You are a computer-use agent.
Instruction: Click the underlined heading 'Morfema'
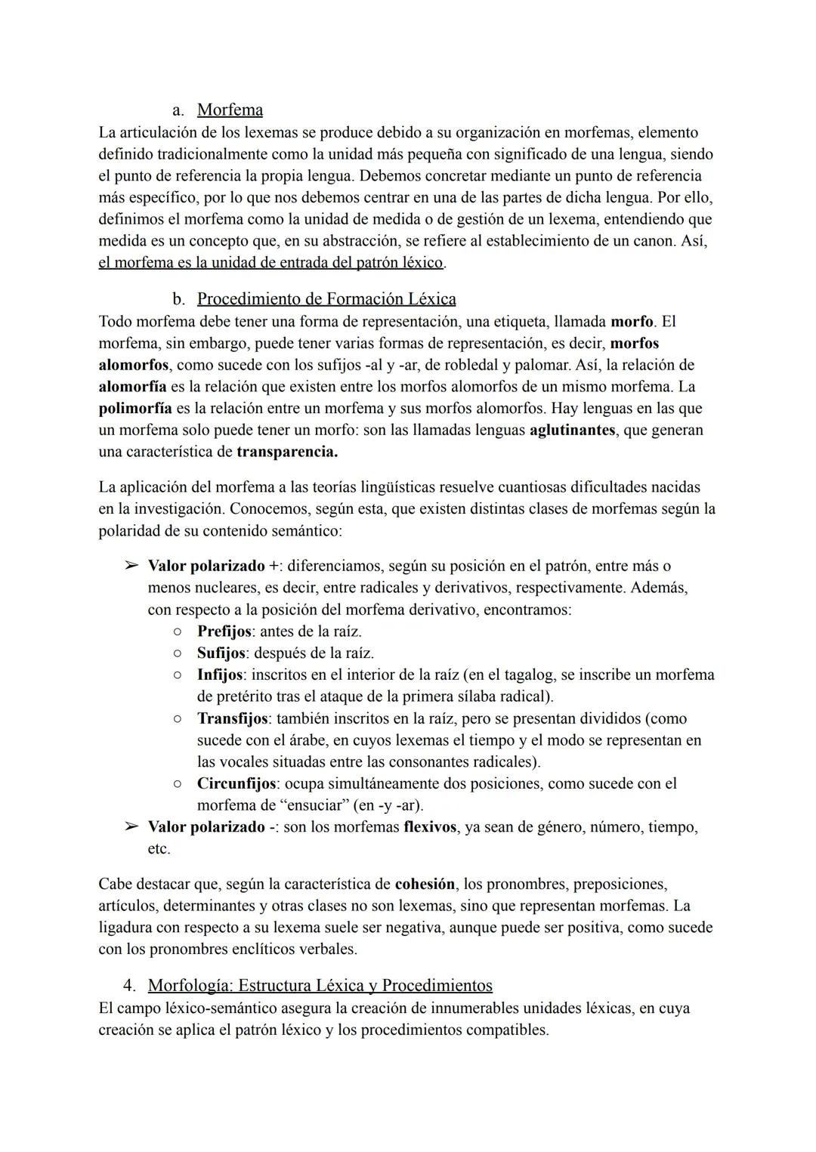(x=230, y=110)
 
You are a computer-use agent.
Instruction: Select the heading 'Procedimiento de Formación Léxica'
(x=326, y=299)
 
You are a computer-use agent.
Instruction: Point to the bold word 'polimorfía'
(x=135, y=409)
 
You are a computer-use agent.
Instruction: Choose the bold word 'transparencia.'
(x=287, y=452)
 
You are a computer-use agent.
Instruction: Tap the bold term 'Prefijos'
(x=224, y=632)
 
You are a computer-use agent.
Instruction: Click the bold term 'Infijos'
(x=220, y=675)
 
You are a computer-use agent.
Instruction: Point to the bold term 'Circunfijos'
(x=236, y=784)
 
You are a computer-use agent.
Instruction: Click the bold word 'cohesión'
(x=425, y=885)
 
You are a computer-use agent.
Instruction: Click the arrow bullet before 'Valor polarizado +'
(x=131, y=566)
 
